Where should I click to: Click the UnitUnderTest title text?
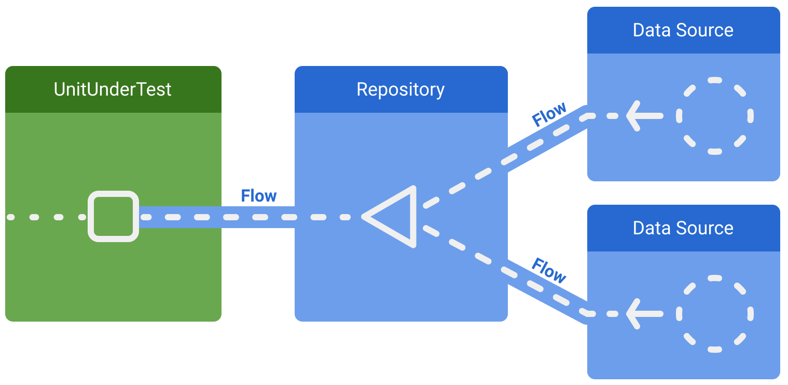[113, 89]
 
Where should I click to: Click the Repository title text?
[400, 89]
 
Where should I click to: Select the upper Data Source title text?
[683, 30]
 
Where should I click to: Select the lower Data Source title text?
[683, 228]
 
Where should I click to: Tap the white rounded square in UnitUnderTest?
[113, 217]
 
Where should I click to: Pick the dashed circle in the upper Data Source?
[714, 116]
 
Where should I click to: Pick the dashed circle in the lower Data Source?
[714, 314]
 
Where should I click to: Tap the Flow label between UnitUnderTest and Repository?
[258, 196]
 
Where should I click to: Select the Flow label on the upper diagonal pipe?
[549, 115]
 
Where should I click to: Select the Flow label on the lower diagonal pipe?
[549, 271]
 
